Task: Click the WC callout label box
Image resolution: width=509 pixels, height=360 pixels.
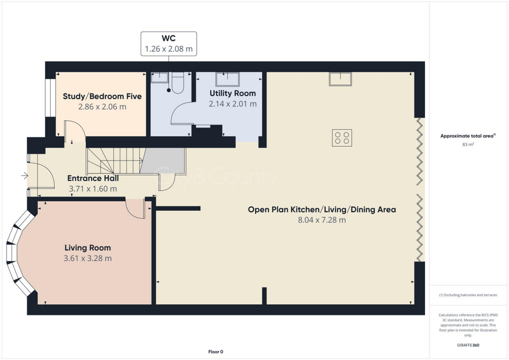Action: tap(169, 44)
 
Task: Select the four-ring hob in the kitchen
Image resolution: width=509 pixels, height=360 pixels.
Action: tap(342, 137)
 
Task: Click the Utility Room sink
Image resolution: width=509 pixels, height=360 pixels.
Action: tap(227, 79)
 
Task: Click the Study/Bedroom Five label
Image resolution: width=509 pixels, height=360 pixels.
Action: tap(102, 96)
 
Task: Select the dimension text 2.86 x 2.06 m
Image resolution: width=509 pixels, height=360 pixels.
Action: tap(102, 106)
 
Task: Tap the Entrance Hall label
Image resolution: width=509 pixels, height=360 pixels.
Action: tap(93, 178)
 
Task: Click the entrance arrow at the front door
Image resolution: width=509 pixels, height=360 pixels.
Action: tap(24, 176)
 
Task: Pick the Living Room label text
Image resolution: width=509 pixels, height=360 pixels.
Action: tap(87, 248)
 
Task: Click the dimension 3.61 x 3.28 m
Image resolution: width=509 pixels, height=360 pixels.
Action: tap(87, 258)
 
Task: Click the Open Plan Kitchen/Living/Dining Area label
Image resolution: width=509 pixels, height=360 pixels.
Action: tap(322, 209)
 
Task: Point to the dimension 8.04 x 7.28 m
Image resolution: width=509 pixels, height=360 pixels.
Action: tap(322, 220)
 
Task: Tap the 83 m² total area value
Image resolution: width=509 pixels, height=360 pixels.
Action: tap(467, 145)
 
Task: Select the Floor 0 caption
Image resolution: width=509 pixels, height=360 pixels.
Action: tap(215, 352)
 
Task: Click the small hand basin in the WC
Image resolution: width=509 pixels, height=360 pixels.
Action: tap(159, 77)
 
